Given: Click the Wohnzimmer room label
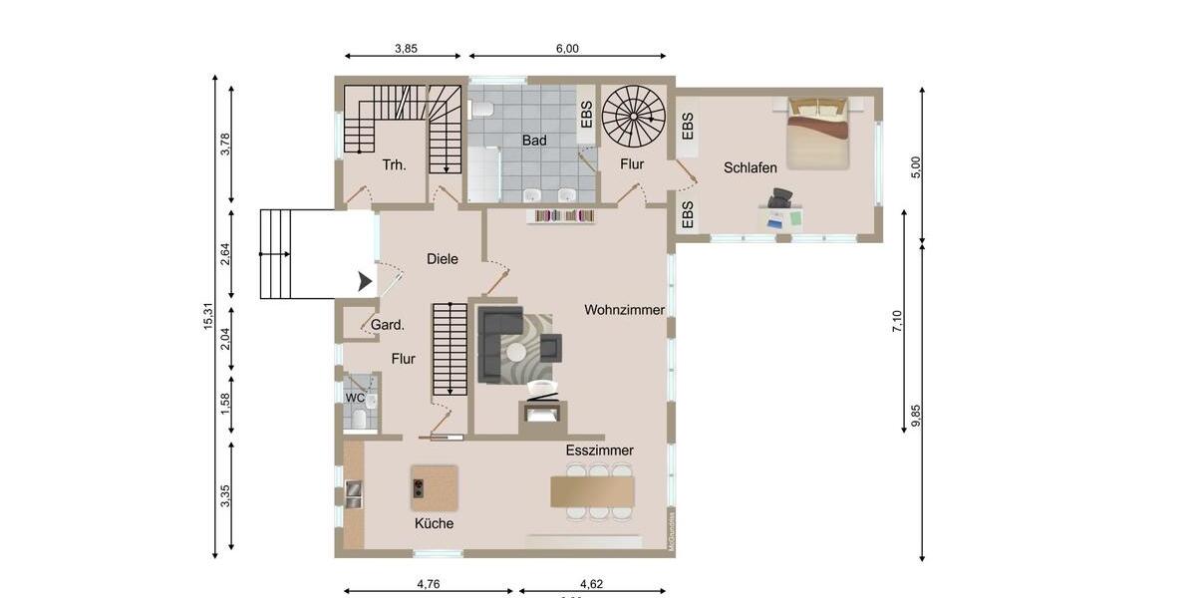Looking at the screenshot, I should [x=625, y=310].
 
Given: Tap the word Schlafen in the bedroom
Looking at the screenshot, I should [x=750, y=168].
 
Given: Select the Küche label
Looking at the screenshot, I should [x=435, y=523].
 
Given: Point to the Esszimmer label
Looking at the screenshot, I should [x=600, y=450].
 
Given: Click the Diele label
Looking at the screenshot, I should [x=443, y=259].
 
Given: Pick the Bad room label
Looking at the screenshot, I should [x=534, y=141].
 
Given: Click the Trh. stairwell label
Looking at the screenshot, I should [x=394, y=165].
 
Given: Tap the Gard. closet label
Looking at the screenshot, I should [x=388, y=325].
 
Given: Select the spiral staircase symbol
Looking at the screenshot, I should [x=636, y=115].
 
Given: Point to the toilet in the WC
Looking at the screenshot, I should [x=359, y=419].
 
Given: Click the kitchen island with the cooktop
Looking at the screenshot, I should [x=435, y=487].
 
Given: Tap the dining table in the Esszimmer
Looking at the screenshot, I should [x=593, y=491].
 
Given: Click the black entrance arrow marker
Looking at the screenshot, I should [x=366, y=283].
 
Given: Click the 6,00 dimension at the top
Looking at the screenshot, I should [x=567, y=48].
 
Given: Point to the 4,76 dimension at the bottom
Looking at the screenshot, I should [x=429, y=584].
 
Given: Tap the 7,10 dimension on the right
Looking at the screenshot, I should [x=897, y=321].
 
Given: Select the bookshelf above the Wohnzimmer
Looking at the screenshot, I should [x=565, y=215].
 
